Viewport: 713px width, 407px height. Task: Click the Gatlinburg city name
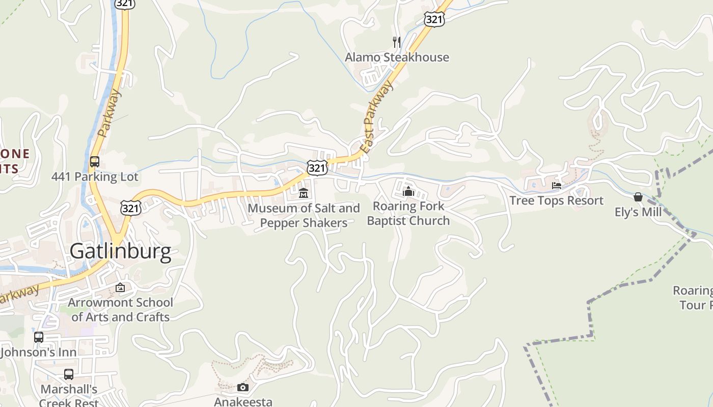pyautogui.click(x=120, y=252)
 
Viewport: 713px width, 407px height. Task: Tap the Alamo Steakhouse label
pyautogui.click(x=397, y=57)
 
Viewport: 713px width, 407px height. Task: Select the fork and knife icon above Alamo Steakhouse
pyautogui.click(x=397, y=42)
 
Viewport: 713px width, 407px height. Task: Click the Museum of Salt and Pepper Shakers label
pyautogui.click(x=304, y=215)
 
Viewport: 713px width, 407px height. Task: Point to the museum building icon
pyautogui.click(x=304, y=193)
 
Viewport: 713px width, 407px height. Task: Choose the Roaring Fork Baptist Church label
pyautogui.click(x=408, y=213)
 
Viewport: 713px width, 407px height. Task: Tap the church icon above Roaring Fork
pyautogui.click(x=408, y=191)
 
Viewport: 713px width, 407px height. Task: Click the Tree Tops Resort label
pyautogui.click(x=556, y=200)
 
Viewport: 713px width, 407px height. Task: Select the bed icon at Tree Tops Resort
pyautogui.click(x=557, y=186)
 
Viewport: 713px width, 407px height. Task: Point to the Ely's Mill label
pyautogui.click(x=638, y=212)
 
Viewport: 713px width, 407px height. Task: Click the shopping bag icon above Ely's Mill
pyautogui.click(x=638, y=197)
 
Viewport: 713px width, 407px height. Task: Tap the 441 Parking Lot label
pyautogui.click(x=95, y=177)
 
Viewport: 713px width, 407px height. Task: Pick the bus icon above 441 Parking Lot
pyautogui.click(x=95, y=162)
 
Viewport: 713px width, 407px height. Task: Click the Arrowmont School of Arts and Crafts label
pyautogui.click(x=120, y=309)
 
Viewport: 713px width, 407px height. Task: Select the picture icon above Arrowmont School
pyautogui.click(x=120, y=287)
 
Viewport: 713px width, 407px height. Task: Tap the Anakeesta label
pyautogui.click(x=243, y=401)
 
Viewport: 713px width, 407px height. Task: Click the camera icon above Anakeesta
pyautogui.click(x=243, y=388)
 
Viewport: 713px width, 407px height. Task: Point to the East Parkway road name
pyautogui.click(x=377, y=117)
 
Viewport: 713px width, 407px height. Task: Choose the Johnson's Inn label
pyautogui.click(x=39, y=352)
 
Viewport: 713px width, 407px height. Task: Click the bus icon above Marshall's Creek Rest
pyautogui.click(x=69, y=374)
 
